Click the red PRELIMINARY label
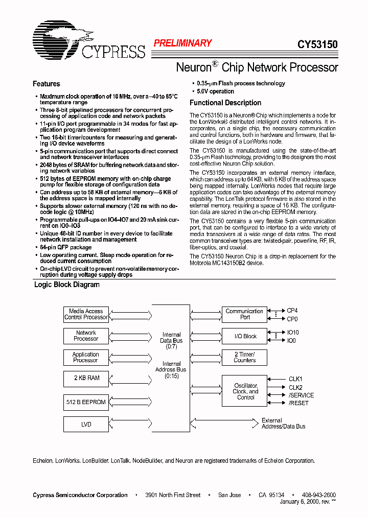(182, 43)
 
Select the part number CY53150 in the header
(317, 44)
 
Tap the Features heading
(47, 84)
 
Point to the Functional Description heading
(225, 103)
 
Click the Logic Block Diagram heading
(66, 285)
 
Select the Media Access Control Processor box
(86, 314)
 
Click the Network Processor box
(86, 336)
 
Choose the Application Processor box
(86, 357)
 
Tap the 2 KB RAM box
(86, 378)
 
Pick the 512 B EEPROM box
(86, 402)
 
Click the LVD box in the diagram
(86, 424)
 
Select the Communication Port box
(244, 314)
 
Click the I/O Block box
(244, 336)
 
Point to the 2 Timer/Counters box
(244, 357)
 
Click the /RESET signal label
(298, 403)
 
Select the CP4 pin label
(292, 311)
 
